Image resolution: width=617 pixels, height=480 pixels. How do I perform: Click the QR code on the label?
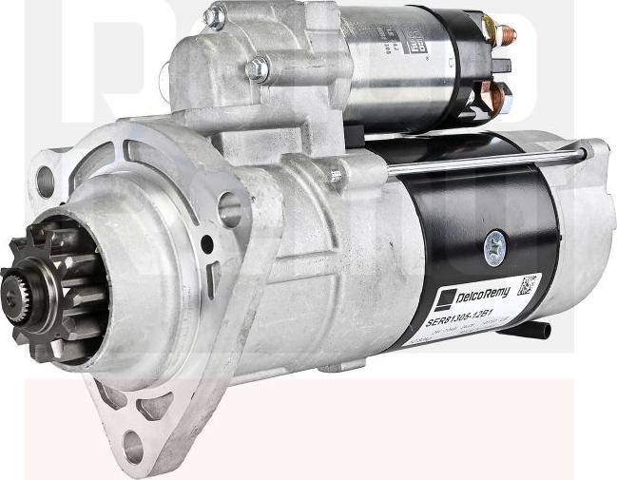[x=529, y=285]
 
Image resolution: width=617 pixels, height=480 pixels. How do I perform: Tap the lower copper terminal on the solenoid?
[x=498, y=94]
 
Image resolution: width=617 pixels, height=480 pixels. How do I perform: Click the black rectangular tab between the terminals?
[x=501, y=65]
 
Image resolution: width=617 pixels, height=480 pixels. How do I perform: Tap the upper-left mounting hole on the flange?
[x=45, y=181]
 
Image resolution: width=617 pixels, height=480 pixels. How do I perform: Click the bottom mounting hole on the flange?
[x=132, y=445]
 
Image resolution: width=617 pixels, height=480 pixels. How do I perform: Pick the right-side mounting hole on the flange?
[x=228, y=209]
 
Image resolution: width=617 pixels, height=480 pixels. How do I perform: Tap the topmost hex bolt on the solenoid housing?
[x=215, y=15]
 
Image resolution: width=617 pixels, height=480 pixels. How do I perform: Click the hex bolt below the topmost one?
[x=256, y=68]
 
